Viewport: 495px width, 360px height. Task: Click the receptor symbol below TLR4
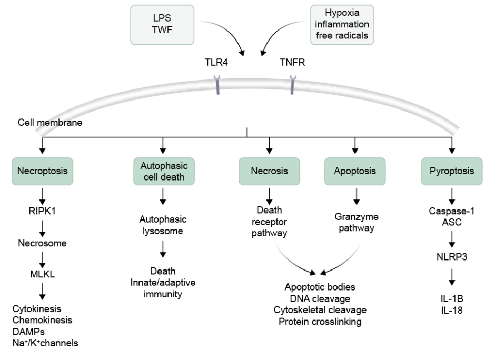(x=217, y=84)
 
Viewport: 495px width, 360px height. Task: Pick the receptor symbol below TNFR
(x=293, y=84)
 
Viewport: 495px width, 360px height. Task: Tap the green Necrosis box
(x=269, y=171)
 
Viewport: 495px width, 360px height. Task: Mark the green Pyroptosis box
(x=452, y=171)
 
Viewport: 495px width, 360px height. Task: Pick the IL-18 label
(x=452, y=309)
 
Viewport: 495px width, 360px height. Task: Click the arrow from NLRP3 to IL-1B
(x=452, y=277)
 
